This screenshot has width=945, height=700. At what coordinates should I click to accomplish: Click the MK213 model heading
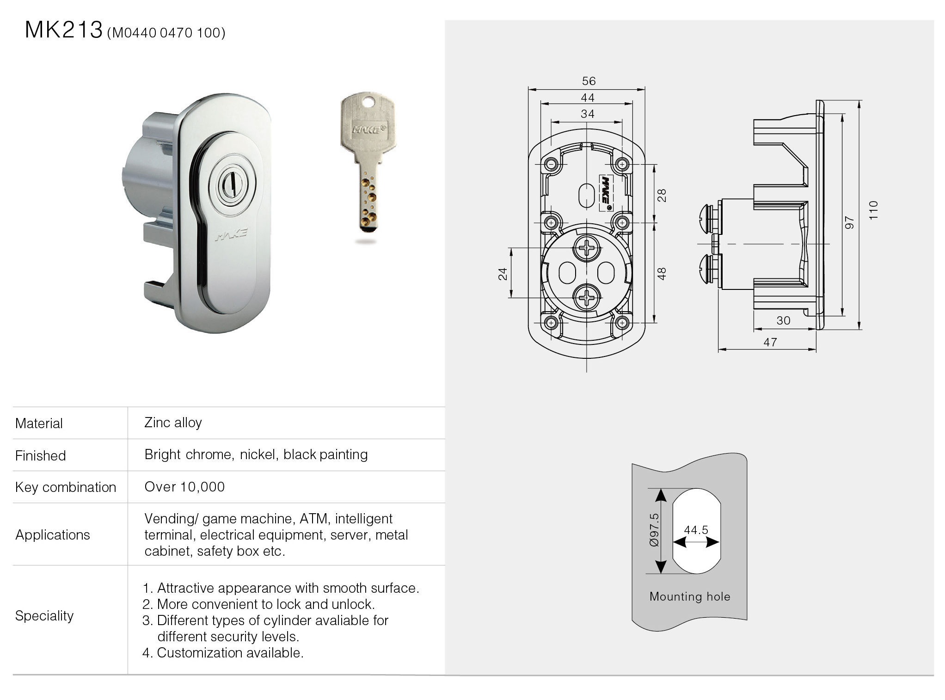pyautogui.click(x=63, y=31)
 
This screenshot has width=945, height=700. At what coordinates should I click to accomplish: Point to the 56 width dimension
pyautogui.click(x=589, y=81)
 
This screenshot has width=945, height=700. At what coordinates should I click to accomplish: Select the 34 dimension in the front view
pyautogui.click(x=587, y=114)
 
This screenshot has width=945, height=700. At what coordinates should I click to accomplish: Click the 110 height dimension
pyautogui.click(x=873, y=210)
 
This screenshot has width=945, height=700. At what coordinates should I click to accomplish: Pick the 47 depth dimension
pyautogui.click(x=770, y=343)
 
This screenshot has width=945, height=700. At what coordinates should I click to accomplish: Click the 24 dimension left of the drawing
pyautogui.click(x=503, y=274)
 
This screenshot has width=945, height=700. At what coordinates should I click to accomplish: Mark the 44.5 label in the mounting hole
pyautogui.click(x=696, y=530)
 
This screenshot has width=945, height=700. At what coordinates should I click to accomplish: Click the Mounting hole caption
pyautogui.click(x=690, y=596)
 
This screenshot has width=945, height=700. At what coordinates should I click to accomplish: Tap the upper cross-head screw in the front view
pyautogui.click(x=587, y=250)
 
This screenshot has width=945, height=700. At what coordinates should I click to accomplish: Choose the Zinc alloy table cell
pyautogui.click(x=173, y=423)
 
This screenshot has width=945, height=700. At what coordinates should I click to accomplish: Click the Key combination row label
pyautogui.click(x=66, y=487)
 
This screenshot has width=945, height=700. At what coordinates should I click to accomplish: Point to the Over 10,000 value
pyautogui.click(x=184, y=487)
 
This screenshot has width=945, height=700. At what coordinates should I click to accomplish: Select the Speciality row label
pyautogui.click(x=44, y=616)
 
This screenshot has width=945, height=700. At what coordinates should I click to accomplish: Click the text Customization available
pyautogui.click(x=230, y=653)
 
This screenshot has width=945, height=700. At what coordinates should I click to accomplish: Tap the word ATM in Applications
pyautogui.click(x=314, y=519)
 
